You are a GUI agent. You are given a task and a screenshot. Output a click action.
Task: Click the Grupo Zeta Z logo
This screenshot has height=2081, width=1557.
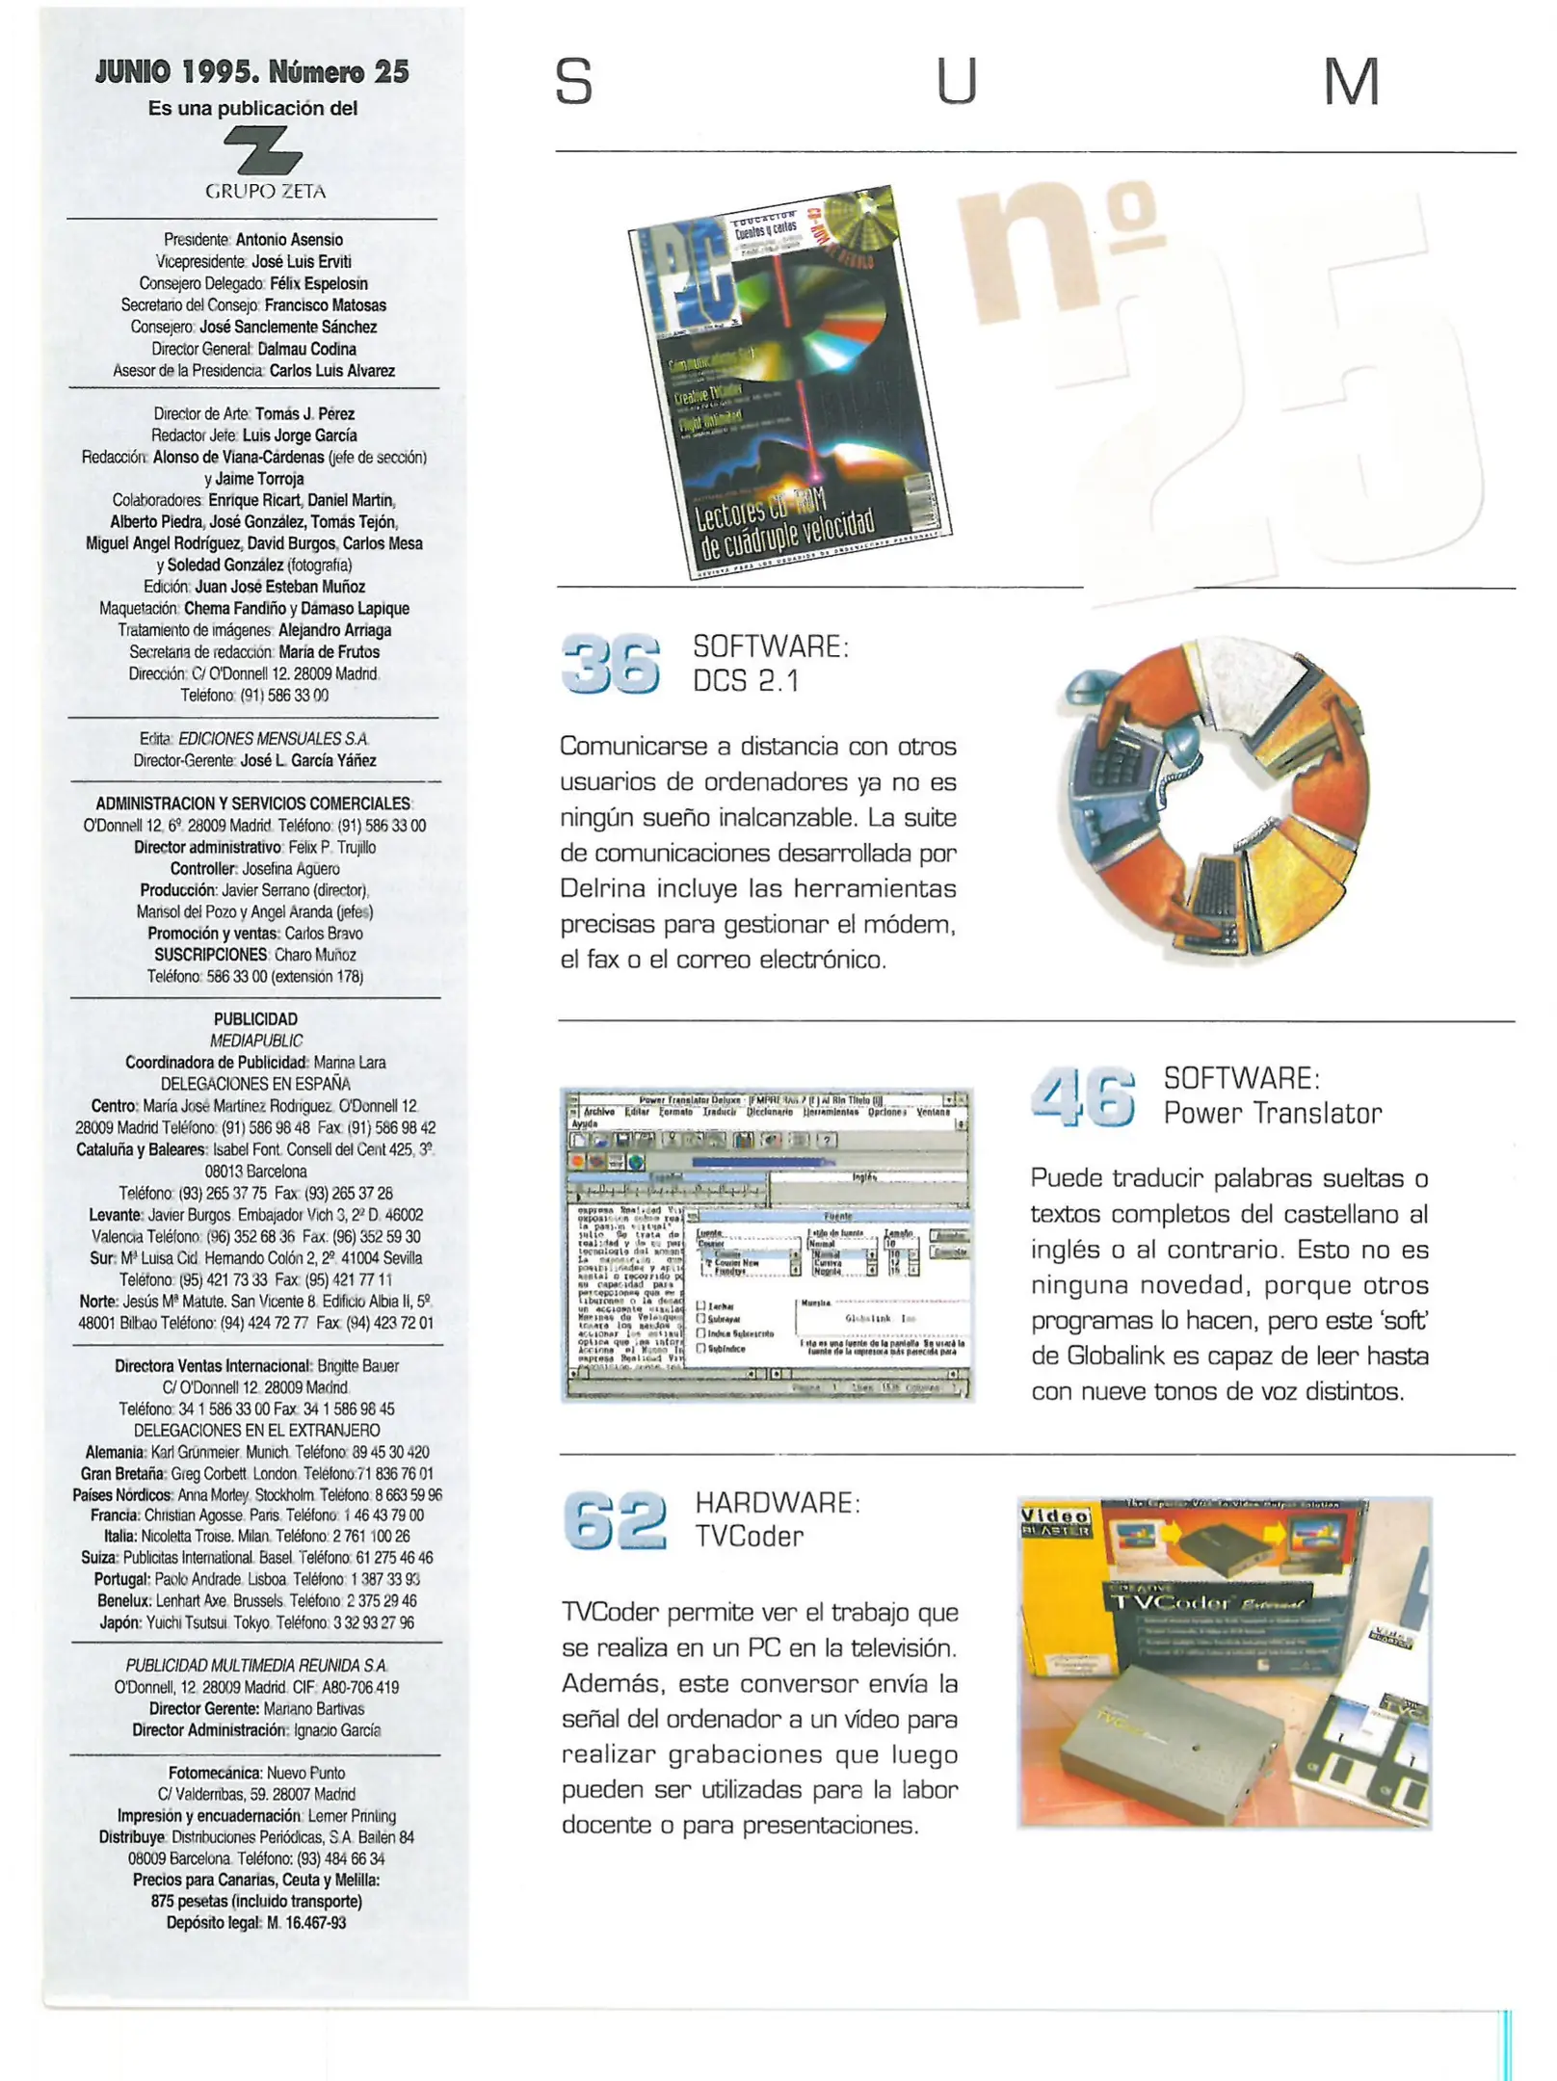[x=262, y=152]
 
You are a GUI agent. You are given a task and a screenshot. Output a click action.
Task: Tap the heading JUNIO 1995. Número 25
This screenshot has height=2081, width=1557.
[x=252, y=71]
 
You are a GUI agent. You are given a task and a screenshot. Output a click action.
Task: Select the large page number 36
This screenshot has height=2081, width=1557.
[x=610, y=664]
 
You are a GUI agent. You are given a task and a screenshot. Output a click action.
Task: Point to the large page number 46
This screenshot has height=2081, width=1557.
[x=1083, y=1096]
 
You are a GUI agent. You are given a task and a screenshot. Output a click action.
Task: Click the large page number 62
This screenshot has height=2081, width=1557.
[x=615, y=1520]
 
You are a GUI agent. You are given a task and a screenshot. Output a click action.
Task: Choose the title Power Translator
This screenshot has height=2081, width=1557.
[x=1272, y=1114]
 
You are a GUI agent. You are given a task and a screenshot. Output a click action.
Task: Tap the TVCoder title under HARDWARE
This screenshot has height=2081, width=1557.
[x=750, y=1536]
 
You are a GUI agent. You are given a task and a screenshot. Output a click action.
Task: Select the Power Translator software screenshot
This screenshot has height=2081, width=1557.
[x=767, y=1244]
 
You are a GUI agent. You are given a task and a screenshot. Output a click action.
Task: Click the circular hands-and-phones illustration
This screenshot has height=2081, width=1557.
[x=1214, y=800]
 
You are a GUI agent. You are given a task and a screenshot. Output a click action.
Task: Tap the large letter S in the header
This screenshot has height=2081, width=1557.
[x=574, y=82]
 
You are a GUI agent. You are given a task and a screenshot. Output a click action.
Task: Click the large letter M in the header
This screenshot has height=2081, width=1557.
[x=1351, y=82]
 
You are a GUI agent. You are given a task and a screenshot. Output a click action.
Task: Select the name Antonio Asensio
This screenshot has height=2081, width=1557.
[x=289, y=240]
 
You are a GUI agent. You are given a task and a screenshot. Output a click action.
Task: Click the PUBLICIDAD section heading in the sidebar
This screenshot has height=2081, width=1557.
[x=255, y=1018]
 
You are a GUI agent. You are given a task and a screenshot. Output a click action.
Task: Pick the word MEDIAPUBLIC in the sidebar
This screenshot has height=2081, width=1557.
[x=255, y=1040]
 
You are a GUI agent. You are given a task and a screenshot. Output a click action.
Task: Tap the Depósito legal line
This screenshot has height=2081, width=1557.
[x=255, y=1922]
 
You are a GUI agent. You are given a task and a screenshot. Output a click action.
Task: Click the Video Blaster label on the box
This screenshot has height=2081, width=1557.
[x=1055, y=1522]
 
